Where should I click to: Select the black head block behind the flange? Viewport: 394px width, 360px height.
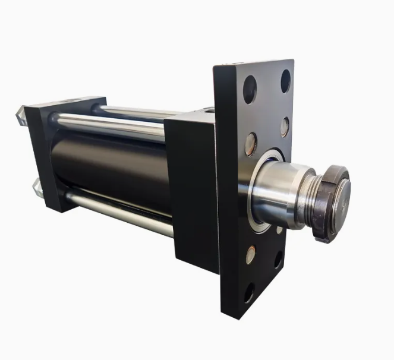pyautogui.click(x=190, y=190)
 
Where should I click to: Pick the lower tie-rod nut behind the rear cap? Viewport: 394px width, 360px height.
pyautogui.click(x=38, y=190)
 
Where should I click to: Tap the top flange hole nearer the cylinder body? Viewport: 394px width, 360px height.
pyautogui.click(x=250, y=89)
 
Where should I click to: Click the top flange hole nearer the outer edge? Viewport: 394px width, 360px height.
pyautogui.click(x=286, y=81)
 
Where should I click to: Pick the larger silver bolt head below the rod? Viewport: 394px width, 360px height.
pyautogui.click(x=251, y=254)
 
